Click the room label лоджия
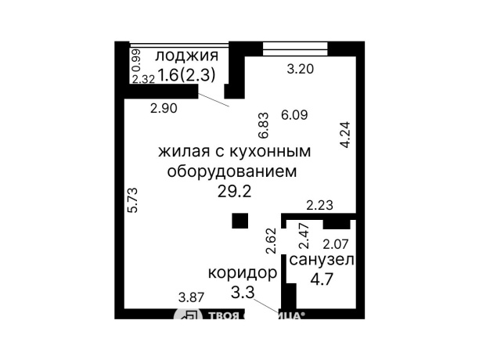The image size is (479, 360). (x=185, y=56)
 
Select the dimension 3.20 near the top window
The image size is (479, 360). (x=301, y=69)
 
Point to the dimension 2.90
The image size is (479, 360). (x=164, y=109)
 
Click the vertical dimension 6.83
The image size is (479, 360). (x=264, y=124)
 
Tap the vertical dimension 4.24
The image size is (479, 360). (x=345, y=135)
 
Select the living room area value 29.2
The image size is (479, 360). (x=234, y=192)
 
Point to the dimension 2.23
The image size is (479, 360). (x=319, y=206)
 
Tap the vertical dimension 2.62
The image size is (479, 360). (x=270, y=239)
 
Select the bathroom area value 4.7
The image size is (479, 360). (x=322, y=279)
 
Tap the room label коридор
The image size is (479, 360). (x=242, y=273)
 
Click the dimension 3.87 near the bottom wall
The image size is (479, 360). (x=191, y=297)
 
